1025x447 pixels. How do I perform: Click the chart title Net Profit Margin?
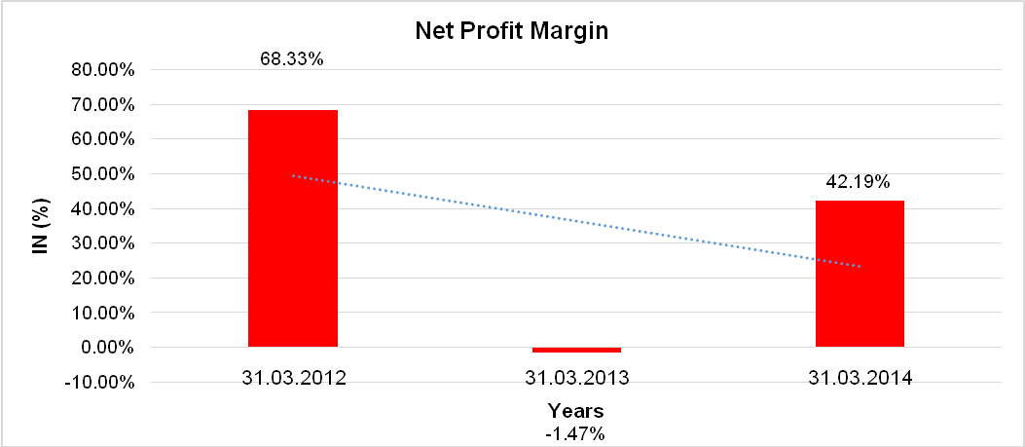pyautogui.click(x=511, y=31)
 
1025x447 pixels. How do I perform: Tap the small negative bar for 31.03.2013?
pyautogui.click(x=576, y=350)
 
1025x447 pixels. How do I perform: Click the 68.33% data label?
pyautogui.click(x=291, y=58)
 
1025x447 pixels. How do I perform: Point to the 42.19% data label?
pyautogui.click(x=858, y=181)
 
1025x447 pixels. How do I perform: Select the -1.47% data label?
pyautogui.click(x=575, y=433)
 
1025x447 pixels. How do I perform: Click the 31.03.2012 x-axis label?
pyautogui.click(x=292, y=378)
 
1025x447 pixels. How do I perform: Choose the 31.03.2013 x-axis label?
pyautogui.click(x=576, y=378)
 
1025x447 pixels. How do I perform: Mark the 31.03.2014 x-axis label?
pyautogui.click(x=860, y=378)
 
